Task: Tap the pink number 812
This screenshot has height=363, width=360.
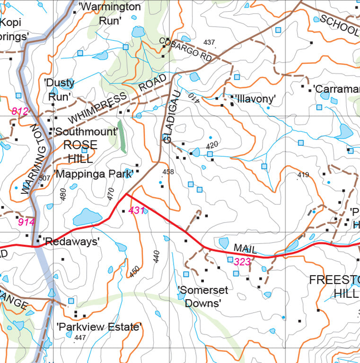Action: coord(20,112)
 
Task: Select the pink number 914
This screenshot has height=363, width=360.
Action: coord(26,222)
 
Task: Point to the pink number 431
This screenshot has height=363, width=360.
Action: coord(136,210)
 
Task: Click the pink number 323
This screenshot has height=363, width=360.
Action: coord(242,261)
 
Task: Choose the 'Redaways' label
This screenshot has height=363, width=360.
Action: coord(71,242)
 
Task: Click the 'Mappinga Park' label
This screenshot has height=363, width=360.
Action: coord(93,174)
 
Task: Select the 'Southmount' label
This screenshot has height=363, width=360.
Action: coord(85,132)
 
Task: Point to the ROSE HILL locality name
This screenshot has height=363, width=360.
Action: coord(80,151)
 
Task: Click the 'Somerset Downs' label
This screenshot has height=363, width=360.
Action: coord(202,296)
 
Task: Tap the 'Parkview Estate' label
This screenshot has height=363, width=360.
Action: coord(99,327)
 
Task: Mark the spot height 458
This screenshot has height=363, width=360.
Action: coord(168,172)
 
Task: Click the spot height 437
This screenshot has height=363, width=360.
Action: coord(209,43)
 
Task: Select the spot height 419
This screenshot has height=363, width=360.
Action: coord(303,175)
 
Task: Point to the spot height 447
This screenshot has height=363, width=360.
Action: coord(80,337)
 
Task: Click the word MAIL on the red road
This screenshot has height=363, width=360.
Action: coord(245,249)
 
